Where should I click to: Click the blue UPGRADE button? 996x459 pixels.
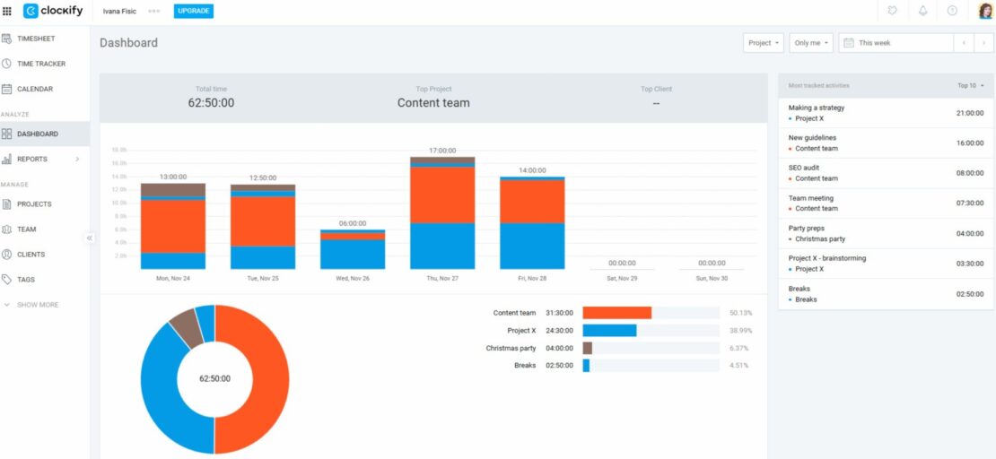(x=193, y=11)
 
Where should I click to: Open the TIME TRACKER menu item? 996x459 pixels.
(x=40, y=64)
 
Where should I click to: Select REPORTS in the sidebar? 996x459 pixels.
(x=32, y=159)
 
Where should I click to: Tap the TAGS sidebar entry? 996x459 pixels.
(x=26, y=280)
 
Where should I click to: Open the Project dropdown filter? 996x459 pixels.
(x=764, y=43)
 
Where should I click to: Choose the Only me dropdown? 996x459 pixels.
(x=811, y=43)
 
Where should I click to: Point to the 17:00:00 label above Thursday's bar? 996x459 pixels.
(x=442, y=151)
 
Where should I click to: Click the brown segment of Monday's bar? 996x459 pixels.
(x=173, y=190)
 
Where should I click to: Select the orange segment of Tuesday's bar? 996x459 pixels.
(x=263, y=221)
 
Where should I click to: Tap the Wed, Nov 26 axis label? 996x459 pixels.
(x=353, y=278)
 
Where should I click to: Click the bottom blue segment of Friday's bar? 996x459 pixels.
(x=532, y=246)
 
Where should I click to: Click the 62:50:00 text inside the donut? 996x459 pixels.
(x=214, y=379)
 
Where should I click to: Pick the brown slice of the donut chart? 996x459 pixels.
(x=186, y=326)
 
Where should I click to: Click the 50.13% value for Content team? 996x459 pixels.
(x=740, y=313)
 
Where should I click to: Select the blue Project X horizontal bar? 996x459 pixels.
(x=609, y=331)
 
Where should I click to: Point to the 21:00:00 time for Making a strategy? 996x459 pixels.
(x=969, y=113)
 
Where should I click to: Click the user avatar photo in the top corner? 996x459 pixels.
(x=985, y=11)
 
